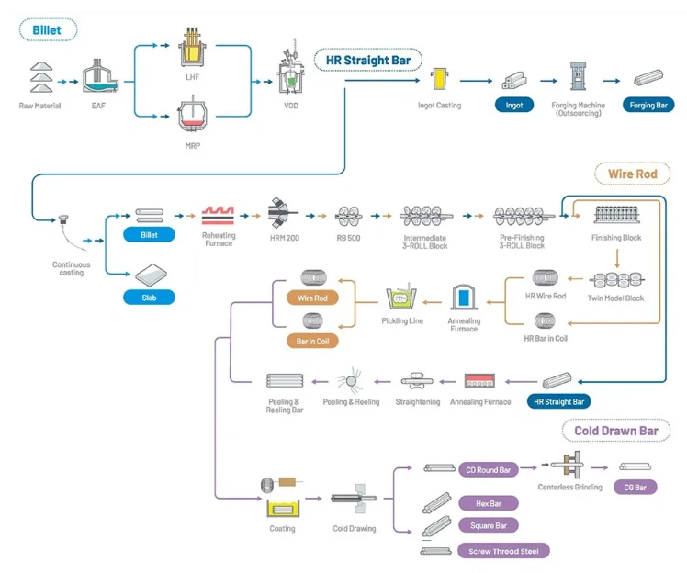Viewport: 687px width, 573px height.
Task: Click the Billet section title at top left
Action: pos(48,30)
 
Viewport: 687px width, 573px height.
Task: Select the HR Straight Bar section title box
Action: pos(367,61)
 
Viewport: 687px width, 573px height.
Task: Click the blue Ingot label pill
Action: pos(514,105)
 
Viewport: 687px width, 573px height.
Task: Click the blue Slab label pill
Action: pos(148,297)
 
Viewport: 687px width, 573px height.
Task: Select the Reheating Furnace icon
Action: pos(219,215)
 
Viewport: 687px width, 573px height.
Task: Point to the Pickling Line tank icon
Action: pos(401,298)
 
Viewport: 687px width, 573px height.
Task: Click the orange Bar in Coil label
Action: pos(313,341)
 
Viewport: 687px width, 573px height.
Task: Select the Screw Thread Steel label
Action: pos(503,551)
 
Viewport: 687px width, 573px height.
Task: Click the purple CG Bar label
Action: pos(636,488)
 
